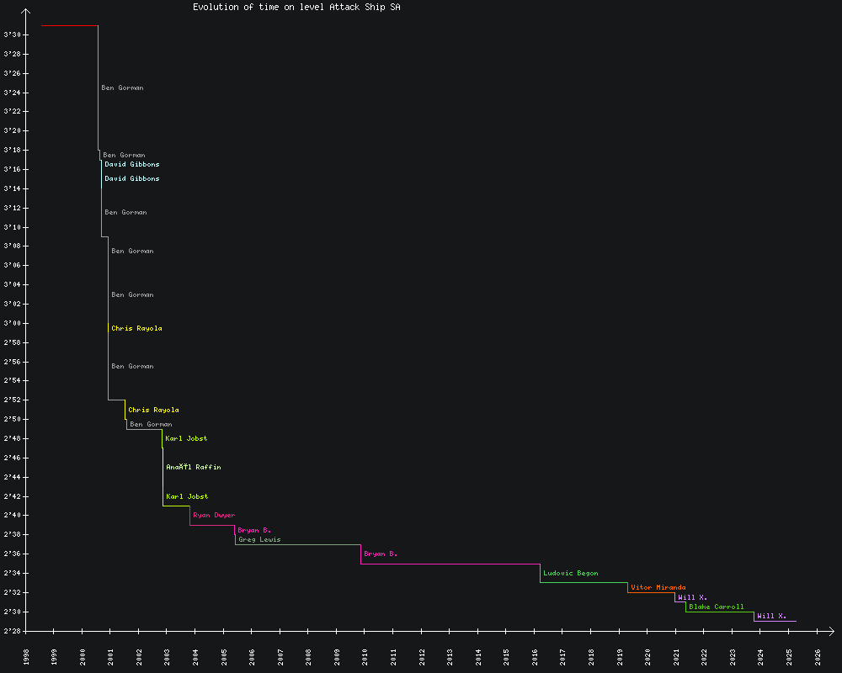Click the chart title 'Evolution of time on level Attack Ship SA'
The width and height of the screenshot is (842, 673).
(296, 7)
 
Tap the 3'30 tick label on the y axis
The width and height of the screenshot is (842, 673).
(13, 34)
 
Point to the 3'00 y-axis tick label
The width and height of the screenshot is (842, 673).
(13, 323)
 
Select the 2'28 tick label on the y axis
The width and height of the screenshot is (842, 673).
(13, 631)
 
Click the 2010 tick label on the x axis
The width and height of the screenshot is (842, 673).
(365, 656)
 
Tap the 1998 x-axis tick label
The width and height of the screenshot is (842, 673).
(26, 656)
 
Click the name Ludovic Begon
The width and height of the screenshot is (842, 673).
(570, 573)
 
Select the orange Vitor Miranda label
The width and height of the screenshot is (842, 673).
(658, 587)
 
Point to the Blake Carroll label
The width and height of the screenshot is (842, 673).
(716, 607)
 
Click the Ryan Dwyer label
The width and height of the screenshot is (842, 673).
(214, 515)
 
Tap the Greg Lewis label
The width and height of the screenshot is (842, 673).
(259, 539)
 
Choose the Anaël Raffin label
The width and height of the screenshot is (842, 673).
(194, 467)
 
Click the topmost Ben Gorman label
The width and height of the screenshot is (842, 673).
(122, 87)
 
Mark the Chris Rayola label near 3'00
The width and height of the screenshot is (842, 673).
(136, 328)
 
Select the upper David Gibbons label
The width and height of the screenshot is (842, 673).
(131, 164)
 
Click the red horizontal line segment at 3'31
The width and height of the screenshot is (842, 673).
(69, 25)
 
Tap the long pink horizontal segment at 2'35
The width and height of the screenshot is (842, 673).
(450, 564)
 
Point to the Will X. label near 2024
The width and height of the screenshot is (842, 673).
(771, 616)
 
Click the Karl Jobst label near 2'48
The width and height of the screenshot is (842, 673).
(186, 438)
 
